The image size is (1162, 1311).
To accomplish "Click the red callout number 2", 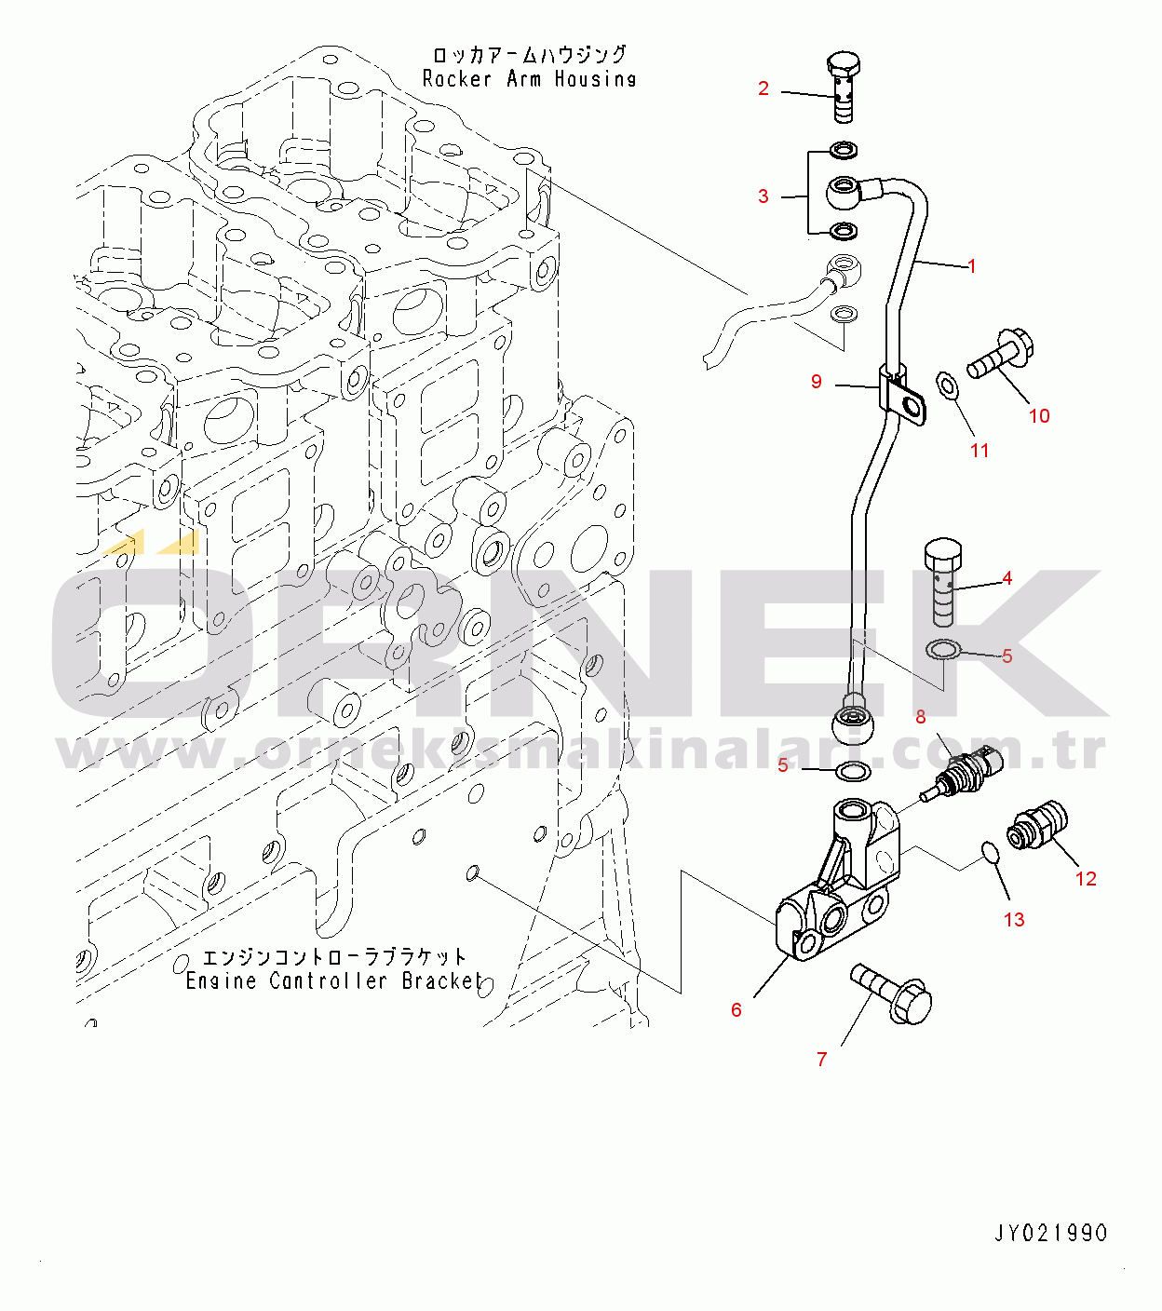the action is click(x=763, y=88).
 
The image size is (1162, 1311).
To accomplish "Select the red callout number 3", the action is click(x=763, y=196).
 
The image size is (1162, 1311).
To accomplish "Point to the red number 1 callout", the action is click(x=971, y=266).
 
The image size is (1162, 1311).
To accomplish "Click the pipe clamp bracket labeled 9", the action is click(x=902, y=395).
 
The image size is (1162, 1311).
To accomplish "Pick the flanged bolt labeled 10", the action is click(x=1000, y=355).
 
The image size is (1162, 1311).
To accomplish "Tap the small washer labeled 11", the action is click(x=948, y=387).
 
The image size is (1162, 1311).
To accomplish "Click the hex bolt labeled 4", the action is click(x=943, y=582).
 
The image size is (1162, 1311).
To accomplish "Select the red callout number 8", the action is click(x=920, y=717).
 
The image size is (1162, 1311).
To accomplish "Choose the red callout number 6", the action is click(x=736, y=1010).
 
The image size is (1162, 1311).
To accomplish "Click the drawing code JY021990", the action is click(x=1050, y=1234).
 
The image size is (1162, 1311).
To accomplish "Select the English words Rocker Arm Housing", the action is click(x=529, y=79).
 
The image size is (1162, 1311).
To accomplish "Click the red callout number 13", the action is click(x=1014, y=920).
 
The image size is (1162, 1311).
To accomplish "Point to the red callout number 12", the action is click(x=1086, y=879).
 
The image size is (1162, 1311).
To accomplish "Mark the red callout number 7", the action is click(x=821, y=1060).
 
